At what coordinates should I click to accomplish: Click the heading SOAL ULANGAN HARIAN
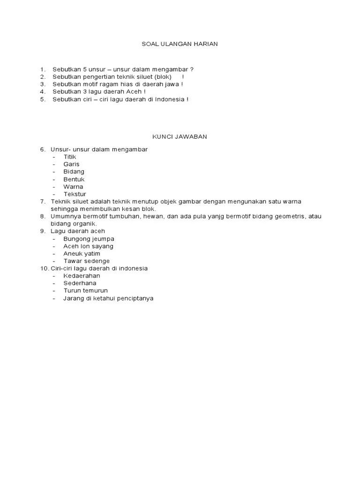pyautogui.click(x=180, y=44)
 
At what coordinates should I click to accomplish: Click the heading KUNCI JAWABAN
pyautogui.click(x=180, y=137)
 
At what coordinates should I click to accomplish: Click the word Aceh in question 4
pyautogui.click(x=133, y=92)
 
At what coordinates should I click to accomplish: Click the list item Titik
pyautogui.click(x=70, y=157)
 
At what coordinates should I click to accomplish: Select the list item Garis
pyautogui.click(x=72, y=164)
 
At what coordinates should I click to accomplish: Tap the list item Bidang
pyautogui.click(x=74, y=172)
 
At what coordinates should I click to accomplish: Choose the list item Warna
pyautogui.click(x=73, y=187)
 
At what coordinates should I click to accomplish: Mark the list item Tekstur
pyautogui.click(x=75, y=194)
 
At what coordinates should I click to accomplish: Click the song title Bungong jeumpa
pyautogui.click(x=89, y=239)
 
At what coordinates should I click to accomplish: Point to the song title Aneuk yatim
pyautogui.click(x=82, y=254)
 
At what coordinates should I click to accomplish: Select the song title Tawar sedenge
pyautogui.click(x=87, y=261)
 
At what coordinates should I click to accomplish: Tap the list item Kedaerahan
pyautogui.click(x=82, y=276)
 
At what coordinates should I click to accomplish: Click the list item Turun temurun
pyautogui.click(x=86, y=291)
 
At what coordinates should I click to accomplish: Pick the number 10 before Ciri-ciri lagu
pyautogui.click(x=44, y=268)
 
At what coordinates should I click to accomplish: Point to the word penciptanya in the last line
pyautogui.click(x=135, y=298)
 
